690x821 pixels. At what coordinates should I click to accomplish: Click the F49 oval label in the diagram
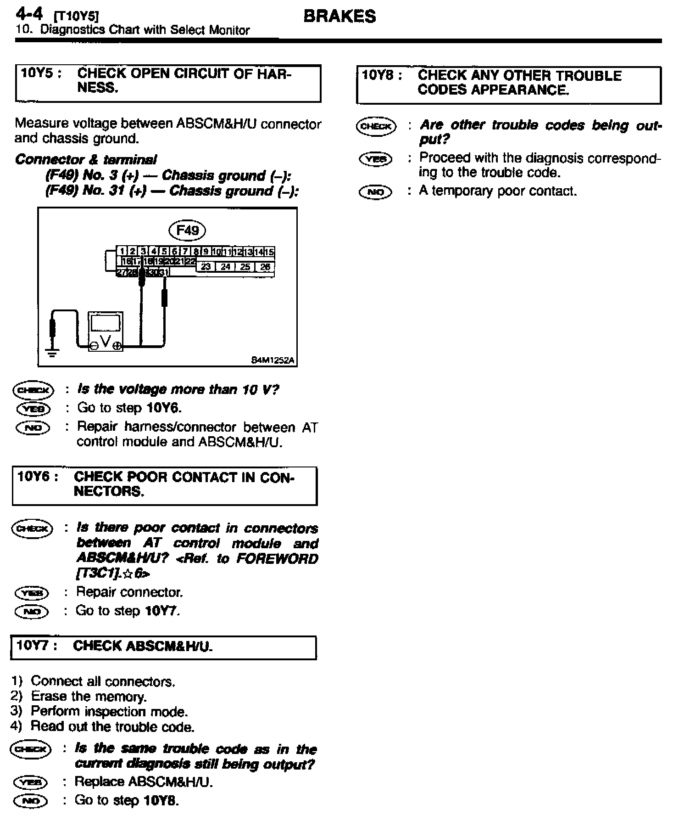187,230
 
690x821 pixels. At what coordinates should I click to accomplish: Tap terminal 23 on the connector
206,267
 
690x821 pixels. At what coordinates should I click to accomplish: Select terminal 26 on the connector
265,267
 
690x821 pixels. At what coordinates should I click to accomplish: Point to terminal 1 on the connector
122,252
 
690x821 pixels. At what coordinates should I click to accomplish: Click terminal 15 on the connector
269,252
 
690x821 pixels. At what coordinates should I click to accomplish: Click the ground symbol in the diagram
53,353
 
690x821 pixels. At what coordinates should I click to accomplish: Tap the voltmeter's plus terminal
117,346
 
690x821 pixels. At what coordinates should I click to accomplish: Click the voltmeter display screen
106,323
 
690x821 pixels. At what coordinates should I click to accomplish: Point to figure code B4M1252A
273,361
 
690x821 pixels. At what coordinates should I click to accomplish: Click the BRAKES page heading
339,17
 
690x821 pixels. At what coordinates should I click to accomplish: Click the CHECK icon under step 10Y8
376,126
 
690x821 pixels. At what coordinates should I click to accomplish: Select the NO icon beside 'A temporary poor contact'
376,192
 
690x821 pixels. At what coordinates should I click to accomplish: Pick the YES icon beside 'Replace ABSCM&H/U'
30,782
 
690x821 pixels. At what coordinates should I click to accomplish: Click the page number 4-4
29,14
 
